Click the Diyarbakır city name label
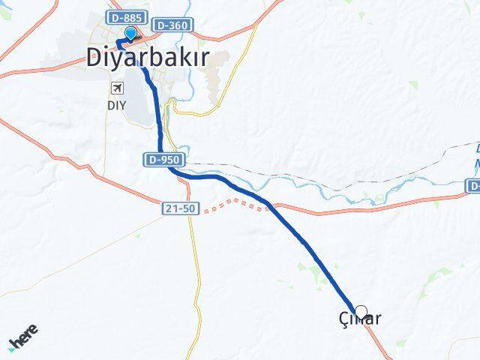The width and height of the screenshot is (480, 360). coord(146,58)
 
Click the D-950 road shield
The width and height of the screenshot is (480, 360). coord(160,160)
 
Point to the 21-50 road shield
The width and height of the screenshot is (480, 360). coord(181,208)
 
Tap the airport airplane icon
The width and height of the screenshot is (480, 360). coord(117,88)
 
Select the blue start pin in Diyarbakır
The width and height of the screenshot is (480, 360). coord(131,33)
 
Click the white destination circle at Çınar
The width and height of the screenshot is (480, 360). coord(361,312)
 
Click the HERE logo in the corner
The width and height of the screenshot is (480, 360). coord(22,339)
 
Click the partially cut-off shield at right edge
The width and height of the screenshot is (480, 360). coord(474,185)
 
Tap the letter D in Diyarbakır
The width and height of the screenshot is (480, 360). coord(93,58)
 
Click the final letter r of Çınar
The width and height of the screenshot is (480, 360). coord(377,319)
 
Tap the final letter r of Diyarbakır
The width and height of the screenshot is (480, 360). coord(202,58)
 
